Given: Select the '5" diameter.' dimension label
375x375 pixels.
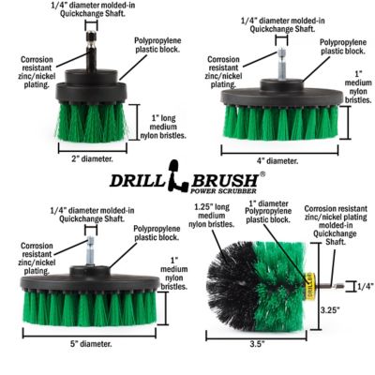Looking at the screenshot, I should pyautogui.click(x=96, y=344).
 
